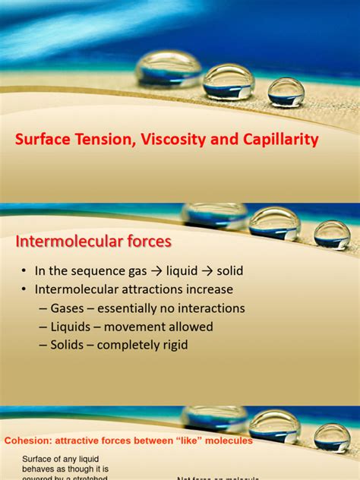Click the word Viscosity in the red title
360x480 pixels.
pos(167,140)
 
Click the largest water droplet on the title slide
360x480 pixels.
pos(168,70)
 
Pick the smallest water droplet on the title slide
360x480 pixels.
pos(286,92)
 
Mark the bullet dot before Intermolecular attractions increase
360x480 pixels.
pos(24,290)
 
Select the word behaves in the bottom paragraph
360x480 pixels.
pos(38,469)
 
